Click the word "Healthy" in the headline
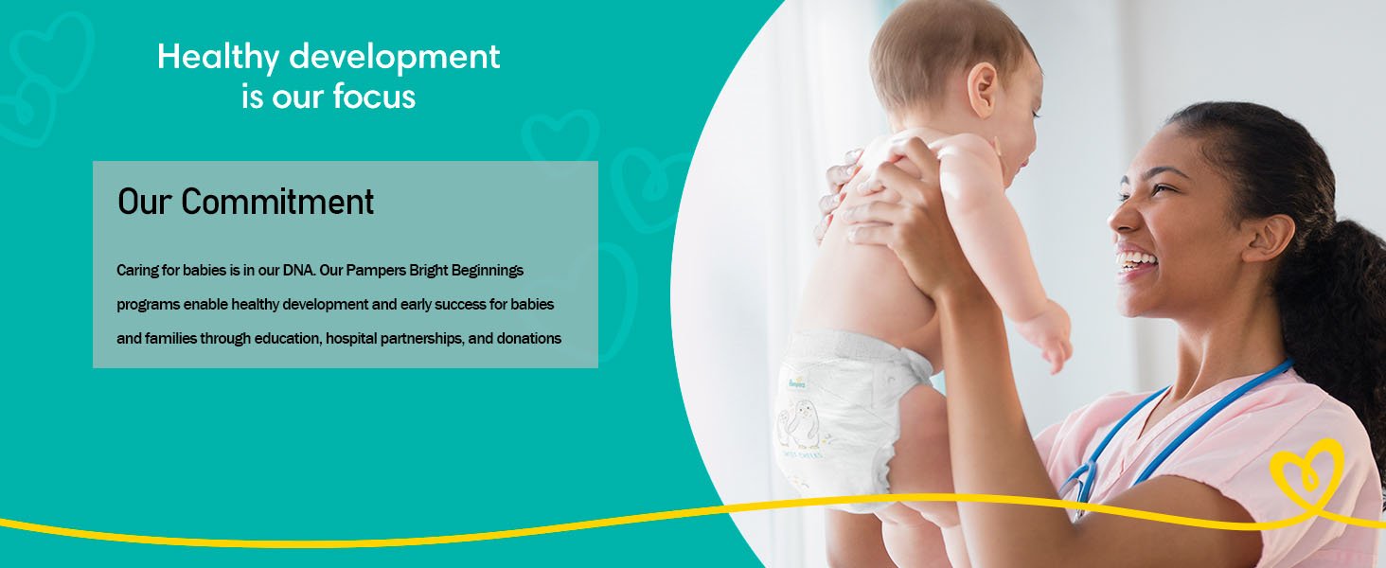pyautogui.click(x=218, y=57)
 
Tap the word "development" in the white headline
pyautogui.click(x=394, y=57)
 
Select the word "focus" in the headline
pyautogui.click(x=374, y=97)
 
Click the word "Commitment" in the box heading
pyautogui.click(x=277, y=202)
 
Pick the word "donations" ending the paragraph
pyautogui.click(x=529, y=339)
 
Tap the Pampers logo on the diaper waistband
pyautogui.click(x=797, y=383)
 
